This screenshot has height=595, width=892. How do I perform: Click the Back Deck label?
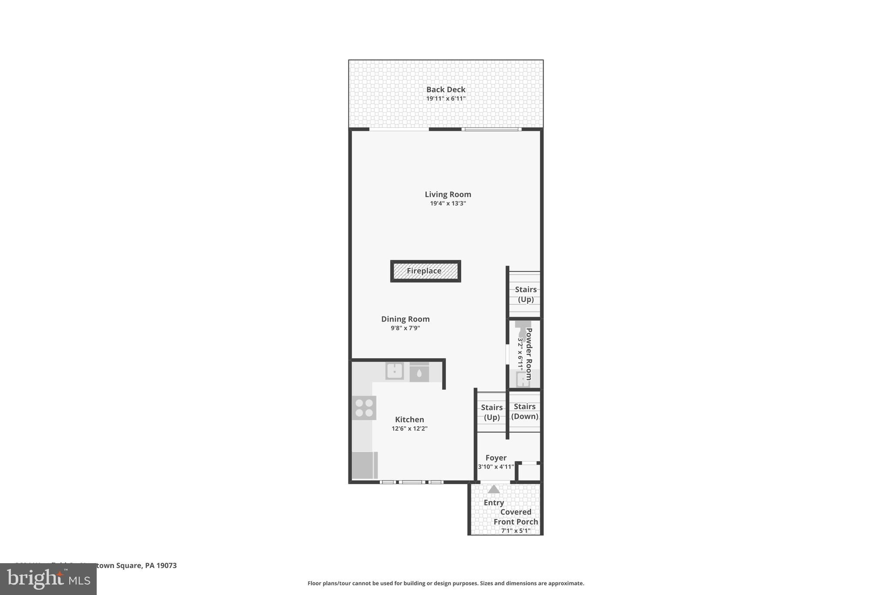point(446,89)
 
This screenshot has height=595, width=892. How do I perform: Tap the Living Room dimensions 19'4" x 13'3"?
point(448,204)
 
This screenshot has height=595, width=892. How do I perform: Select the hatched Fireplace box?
point(425,271)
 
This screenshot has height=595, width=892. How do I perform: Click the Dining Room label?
point(405,319)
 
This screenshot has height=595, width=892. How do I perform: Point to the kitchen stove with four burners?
point(364,408)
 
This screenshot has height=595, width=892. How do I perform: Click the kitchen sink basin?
point(395,371)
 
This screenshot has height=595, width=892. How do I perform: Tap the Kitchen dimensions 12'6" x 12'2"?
point(409,429)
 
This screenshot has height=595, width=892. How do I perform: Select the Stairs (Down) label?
point(524,411)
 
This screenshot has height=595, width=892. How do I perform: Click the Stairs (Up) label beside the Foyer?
point(492,412)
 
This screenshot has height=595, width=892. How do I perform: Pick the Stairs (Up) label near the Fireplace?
point(526,294)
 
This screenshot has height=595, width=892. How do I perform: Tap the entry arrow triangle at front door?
point(493,490)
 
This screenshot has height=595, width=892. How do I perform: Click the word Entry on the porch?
point(493,503)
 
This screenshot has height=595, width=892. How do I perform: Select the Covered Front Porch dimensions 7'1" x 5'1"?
point(516,531)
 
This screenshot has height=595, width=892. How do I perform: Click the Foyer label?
point(496,458)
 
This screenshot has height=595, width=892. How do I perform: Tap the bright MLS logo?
point(48,579)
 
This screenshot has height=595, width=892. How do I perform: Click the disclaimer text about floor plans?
point(446,583)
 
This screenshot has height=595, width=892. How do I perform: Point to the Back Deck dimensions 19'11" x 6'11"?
point(446,99)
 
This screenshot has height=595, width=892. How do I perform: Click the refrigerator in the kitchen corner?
point(364,465)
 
